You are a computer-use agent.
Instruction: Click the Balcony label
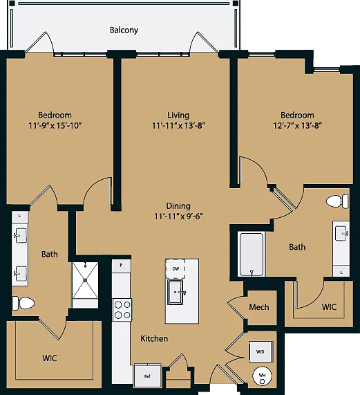[x=124, y=30]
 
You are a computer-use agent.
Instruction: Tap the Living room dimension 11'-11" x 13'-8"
[x=178, y=125]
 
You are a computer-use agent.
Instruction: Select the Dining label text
[x=178, y=206]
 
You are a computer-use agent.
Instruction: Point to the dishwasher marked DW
[x=176, y=269]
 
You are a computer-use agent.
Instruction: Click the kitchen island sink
[x=176, y=292]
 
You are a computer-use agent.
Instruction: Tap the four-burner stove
[x=122, y=310]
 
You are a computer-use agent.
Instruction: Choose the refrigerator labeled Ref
[x=147, y=376]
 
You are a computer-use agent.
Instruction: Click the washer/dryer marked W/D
[x=260, y=351]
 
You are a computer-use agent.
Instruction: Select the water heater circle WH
[x=262, y=376]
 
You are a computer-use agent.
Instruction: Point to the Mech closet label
[x=259, y=307]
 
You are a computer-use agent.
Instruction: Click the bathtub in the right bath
[x=252, y=255]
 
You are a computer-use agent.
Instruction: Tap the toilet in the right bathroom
[x=338, y=201]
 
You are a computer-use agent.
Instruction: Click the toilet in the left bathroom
[x=23, y=303]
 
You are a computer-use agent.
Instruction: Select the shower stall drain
[x=85, y=280]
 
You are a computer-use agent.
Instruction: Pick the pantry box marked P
[x=121, y=266]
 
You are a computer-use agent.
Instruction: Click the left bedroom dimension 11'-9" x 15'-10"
[x=55, y=125]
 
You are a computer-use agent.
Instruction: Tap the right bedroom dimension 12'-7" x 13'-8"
[x=298, y=125]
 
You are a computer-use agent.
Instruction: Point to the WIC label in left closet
[x=50, y=358]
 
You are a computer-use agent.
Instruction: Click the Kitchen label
[x=154, y=338]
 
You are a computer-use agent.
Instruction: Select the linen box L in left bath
[x=20, y=216]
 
